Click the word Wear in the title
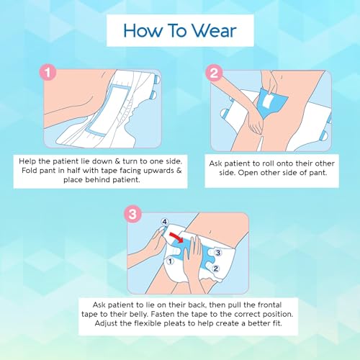pos(215,31)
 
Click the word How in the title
pos(143,31)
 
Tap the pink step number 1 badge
pos(48,73)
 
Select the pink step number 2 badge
pos(214,73)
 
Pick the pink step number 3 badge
pos(132,214)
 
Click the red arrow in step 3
pos(176,236)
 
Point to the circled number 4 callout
pos(165,222)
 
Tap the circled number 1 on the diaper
pos(170,261)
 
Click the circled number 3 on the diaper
pos(217,253)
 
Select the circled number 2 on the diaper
pos(215,269)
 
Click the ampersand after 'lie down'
pos(117,161)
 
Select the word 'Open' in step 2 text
pos(248,173)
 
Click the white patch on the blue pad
pos(267,102)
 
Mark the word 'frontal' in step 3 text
pos(269,305)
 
